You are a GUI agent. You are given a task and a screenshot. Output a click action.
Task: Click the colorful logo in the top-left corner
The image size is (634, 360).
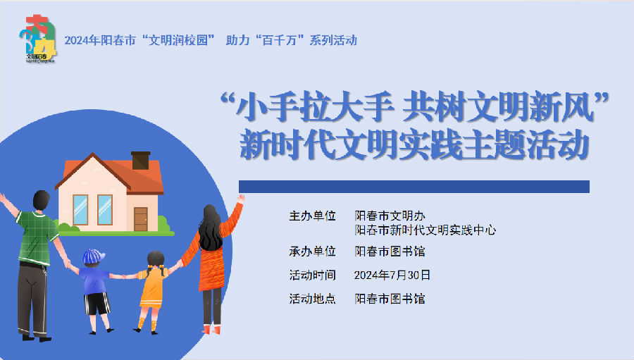[38, 39]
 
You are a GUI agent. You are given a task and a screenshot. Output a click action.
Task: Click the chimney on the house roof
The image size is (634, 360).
[141, 160]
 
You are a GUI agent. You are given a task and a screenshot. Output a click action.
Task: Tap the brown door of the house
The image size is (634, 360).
[140, 219]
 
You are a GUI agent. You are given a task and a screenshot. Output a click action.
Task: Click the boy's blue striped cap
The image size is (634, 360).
[94, 256]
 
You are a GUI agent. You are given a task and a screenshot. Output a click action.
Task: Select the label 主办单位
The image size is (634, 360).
[312, 216]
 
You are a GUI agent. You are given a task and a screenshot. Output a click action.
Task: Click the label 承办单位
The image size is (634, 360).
[312, 252]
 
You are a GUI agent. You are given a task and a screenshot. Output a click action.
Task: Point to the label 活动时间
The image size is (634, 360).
[312, 275]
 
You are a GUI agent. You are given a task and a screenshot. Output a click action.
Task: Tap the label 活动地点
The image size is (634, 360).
[312, 299]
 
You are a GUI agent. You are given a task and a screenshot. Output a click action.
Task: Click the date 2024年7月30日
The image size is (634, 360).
[392, 275]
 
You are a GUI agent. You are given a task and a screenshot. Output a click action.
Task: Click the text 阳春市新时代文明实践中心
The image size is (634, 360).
[425, 230]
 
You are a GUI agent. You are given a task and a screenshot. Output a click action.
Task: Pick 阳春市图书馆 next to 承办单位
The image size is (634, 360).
[390, 252]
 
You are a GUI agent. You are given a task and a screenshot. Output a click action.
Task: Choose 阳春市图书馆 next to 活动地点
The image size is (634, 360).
[390, 299]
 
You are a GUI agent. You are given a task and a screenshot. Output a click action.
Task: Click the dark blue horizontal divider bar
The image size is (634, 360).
[414, 187]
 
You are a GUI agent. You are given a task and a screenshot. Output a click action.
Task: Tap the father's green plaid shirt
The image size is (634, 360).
[37, 237]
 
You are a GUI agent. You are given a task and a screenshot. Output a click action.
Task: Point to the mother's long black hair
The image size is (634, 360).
[210, 228]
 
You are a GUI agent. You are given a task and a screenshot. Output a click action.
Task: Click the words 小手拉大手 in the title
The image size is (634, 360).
[316, 108]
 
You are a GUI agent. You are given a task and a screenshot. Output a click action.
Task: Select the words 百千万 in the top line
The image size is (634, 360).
[282, 40]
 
